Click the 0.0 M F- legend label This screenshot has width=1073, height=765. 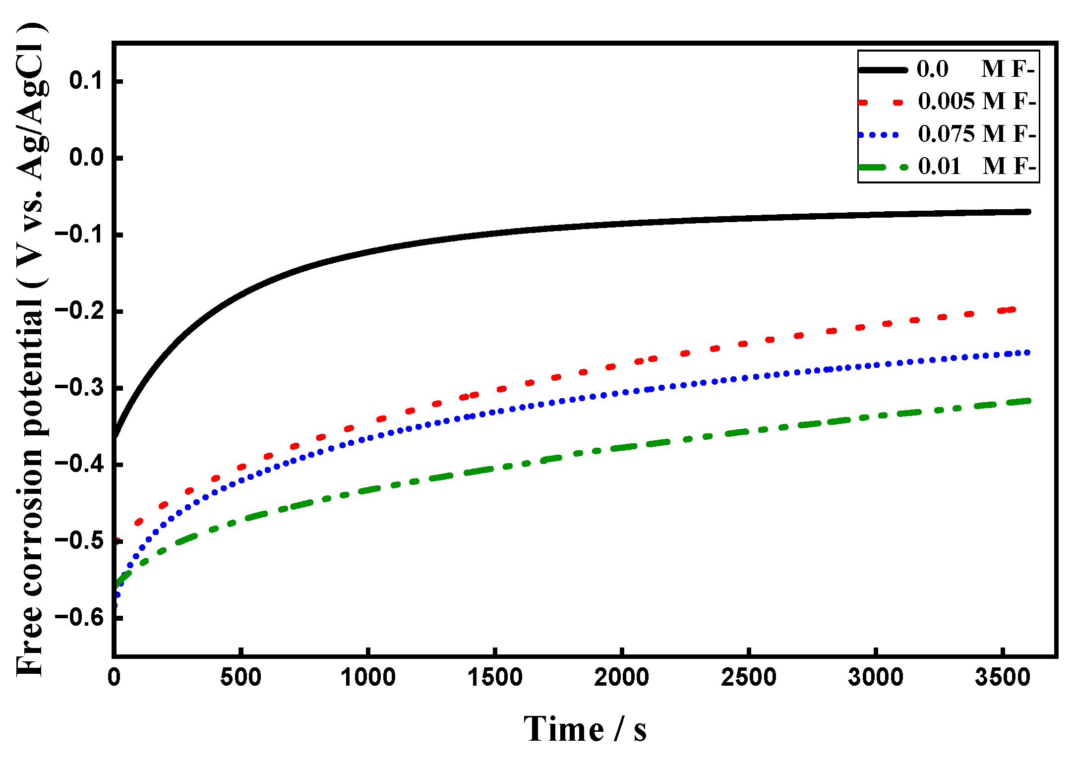(x=975, y=69)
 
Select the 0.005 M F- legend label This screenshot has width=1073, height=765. (x=977, y=101)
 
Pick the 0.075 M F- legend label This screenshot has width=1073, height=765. (x=977, y=134)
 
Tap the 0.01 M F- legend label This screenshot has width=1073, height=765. (x=977, y=166)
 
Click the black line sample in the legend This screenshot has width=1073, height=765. (x=883, y=70)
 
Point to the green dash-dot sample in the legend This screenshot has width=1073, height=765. (x=883, y=167)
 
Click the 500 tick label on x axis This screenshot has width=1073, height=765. (x=240, y=677)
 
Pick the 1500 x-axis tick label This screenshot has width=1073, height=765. (x=495, y=677)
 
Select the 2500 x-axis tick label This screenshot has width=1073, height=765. (x=749, y=677)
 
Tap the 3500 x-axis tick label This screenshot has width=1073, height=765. (x=1003, y=677)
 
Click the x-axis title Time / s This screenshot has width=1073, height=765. (x=585, y=729)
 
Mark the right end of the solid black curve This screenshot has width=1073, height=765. (x=1029, y=212)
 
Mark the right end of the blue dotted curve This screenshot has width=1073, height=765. (x=1027, y=353)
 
